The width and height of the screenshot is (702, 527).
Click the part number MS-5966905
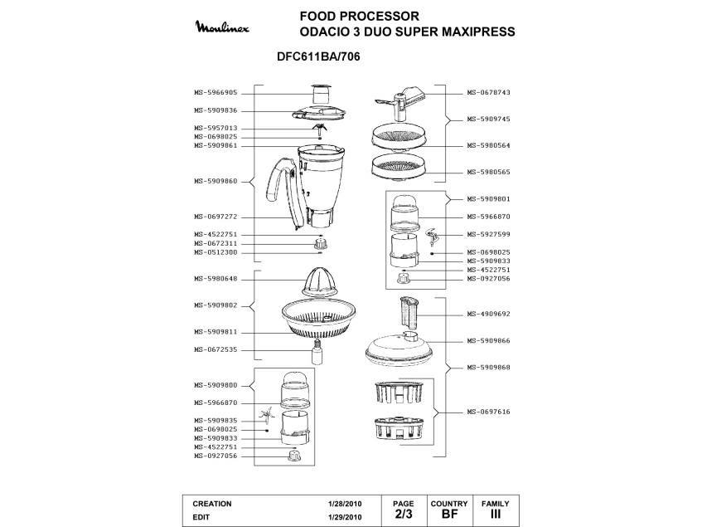[215, 93]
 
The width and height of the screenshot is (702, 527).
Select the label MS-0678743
[487, 93]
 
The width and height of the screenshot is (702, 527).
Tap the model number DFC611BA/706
[317, 59]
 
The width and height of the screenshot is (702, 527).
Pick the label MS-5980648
[215, 279]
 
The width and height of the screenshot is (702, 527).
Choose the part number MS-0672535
[215, 349]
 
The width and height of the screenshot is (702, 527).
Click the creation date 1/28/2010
[345, 504]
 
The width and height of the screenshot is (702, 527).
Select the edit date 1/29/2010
[345, 516]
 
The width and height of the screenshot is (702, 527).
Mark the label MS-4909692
[487, 315]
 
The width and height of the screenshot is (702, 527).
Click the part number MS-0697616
[487, 412]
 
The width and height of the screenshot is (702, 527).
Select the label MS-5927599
[487, 234]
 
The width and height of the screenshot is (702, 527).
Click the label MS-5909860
[215, 181]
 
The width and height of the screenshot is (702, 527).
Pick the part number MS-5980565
[487, 172]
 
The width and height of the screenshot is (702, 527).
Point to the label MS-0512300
[215, 252]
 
